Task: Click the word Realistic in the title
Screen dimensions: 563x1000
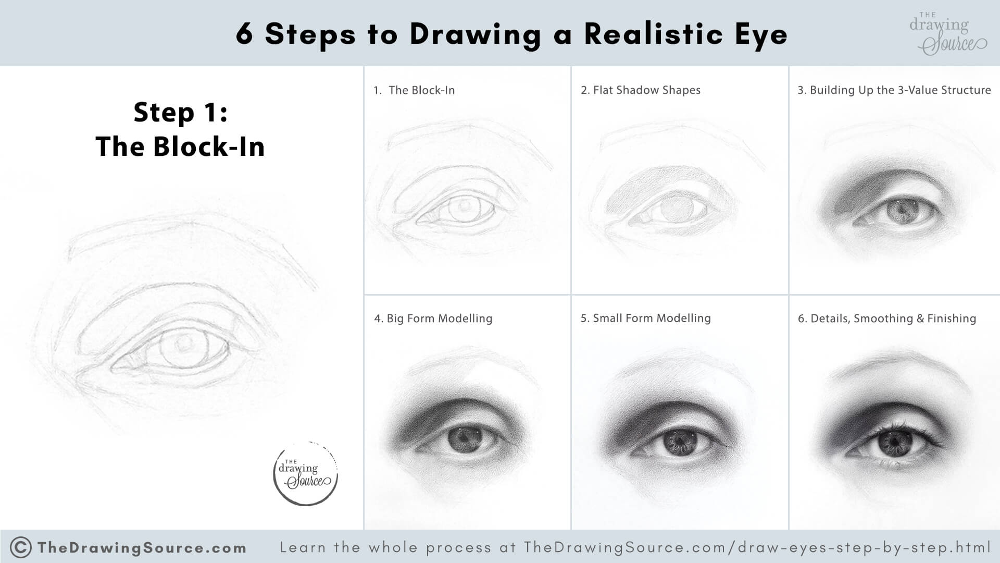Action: click(x=653, y=34)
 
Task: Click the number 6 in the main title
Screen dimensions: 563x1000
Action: click(x=245, y=34)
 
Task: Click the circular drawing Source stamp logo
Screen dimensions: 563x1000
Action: click(x=306, y=473)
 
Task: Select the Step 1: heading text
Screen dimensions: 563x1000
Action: click(x=180, y=113)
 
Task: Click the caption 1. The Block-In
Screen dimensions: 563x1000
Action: click(x=414, y=90)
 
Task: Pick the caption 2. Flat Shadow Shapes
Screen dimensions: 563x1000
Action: click(x=640, y=90)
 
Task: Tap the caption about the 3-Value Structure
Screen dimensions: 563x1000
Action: click(x=894, y=90)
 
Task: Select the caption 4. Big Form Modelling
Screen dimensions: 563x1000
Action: click(x=433, y=319)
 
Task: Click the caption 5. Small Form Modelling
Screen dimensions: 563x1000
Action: click(x=645, y=318)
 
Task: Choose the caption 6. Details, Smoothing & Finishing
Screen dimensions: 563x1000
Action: click(x=886, y=319)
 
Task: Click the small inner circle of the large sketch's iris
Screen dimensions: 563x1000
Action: click(x=183, y=344)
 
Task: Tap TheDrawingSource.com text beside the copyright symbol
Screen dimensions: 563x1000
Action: click(x=142, y=548)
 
